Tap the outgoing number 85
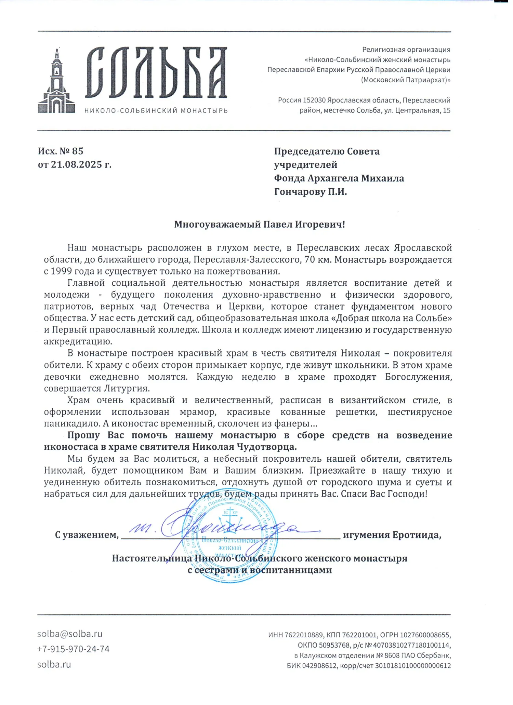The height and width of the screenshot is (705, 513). pyautogui.click(x=78, y=151)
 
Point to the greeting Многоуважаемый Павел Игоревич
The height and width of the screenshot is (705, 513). pyautogui.click(x=260, y=225)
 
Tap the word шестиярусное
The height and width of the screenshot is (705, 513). pyautogui.click(x=420, y=412)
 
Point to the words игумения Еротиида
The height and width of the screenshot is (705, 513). pyautogui.click(x=392, y=535)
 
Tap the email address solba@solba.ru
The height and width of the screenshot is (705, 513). pyautogui.click(x=70, y=634)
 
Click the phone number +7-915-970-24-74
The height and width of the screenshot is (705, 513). pyautogui.click(x=73, y=649)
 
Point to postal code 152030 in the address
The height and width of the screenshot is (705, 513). pyautogui.click(x=314, y=100)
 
